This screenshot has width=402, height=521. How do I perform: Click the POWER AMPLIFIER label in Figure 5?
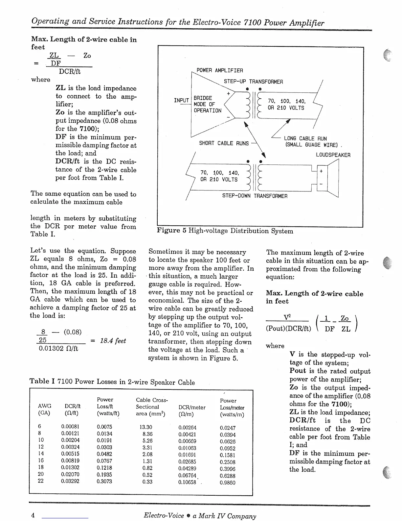219,70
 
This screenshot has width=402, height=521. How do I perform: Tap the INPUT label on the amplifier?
181,100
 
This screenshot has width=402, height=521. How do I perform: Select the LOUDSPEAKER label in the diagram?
333,155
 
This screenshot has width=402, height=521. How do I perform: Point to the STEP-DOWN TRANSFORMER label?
255,196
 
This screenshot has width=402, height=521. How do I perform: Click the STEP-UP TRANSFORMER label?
253,82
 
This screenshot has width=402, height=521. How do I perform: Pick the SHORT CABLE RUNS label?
224,143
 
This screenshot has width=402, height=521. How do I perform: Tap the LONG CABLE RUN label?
305,138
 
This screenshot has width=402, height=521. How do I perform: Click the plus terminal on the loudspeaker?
321,171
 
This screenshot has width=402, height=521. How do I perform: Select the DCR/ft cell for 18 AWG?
70,467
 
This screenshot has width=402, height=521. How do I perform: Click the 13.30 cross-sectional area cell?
146,427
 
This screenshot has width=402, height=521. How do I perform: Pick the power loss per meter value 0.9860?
228,483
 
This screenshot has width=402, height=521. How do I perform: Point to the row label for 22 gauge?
41,481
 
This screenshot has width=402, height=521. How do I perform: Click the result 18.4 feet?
113,341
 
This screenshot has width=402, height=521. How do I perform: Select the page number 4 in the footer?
33,515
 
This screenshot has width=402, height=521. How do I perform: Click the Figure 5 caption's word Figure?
168,231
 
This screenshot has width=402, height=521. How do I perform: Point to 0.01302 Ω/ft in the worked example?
58,348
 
